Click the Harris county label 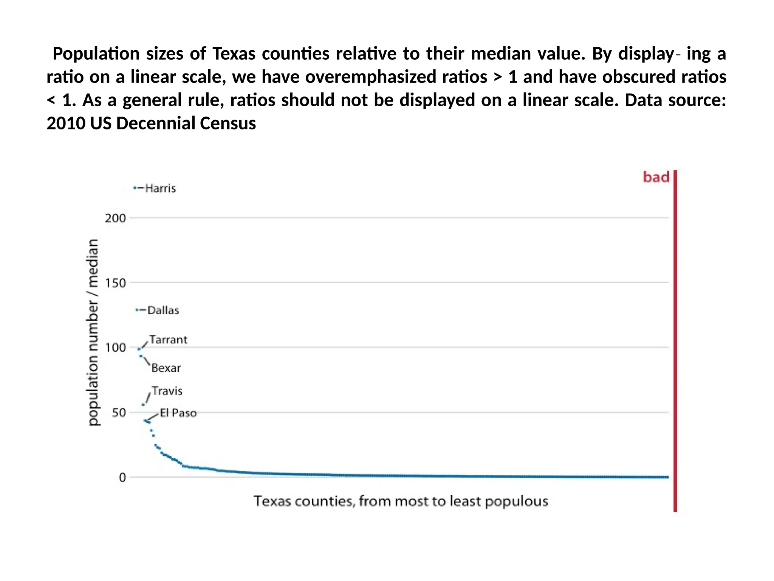(x=161, y=188)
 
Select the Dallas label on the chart (x=163, y=311)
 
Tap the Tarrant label (x=168, y=340)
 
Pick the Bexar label (x=166, y=368)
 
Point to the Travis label (x=167, y=391)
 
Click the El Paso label (x=178, y=413)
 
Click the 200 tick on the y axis (x=115, y=218)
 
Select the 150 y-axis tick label (x=115, y=283)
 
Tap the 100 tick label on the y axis (x=115, y=348)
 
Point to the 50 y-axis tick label (x=119, y=413)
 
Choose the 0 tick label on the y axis (x=122, y=478)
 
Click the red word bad (x=656, y=177)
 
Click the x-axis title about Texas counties (x=401, y=501)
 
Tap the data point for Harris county (x=135, y=188)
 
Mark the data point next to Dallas (x=136, y=310)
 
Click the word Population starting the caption (x=96, y=54)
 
